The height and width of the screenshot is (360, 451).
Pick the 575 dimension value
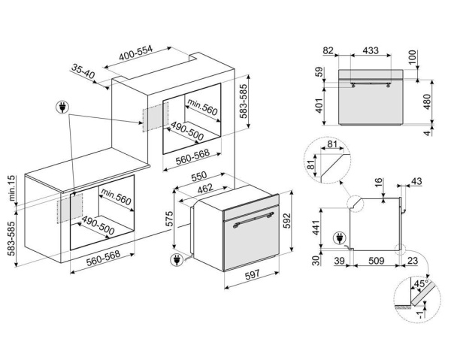pos(170,219)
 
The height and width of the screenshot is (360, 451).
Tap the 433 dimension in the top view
pos(371,50)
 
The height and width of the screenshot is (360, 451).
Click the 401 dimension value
pos(319,107)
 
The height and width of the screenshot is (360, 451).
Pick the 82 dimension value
pos(327,50)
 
